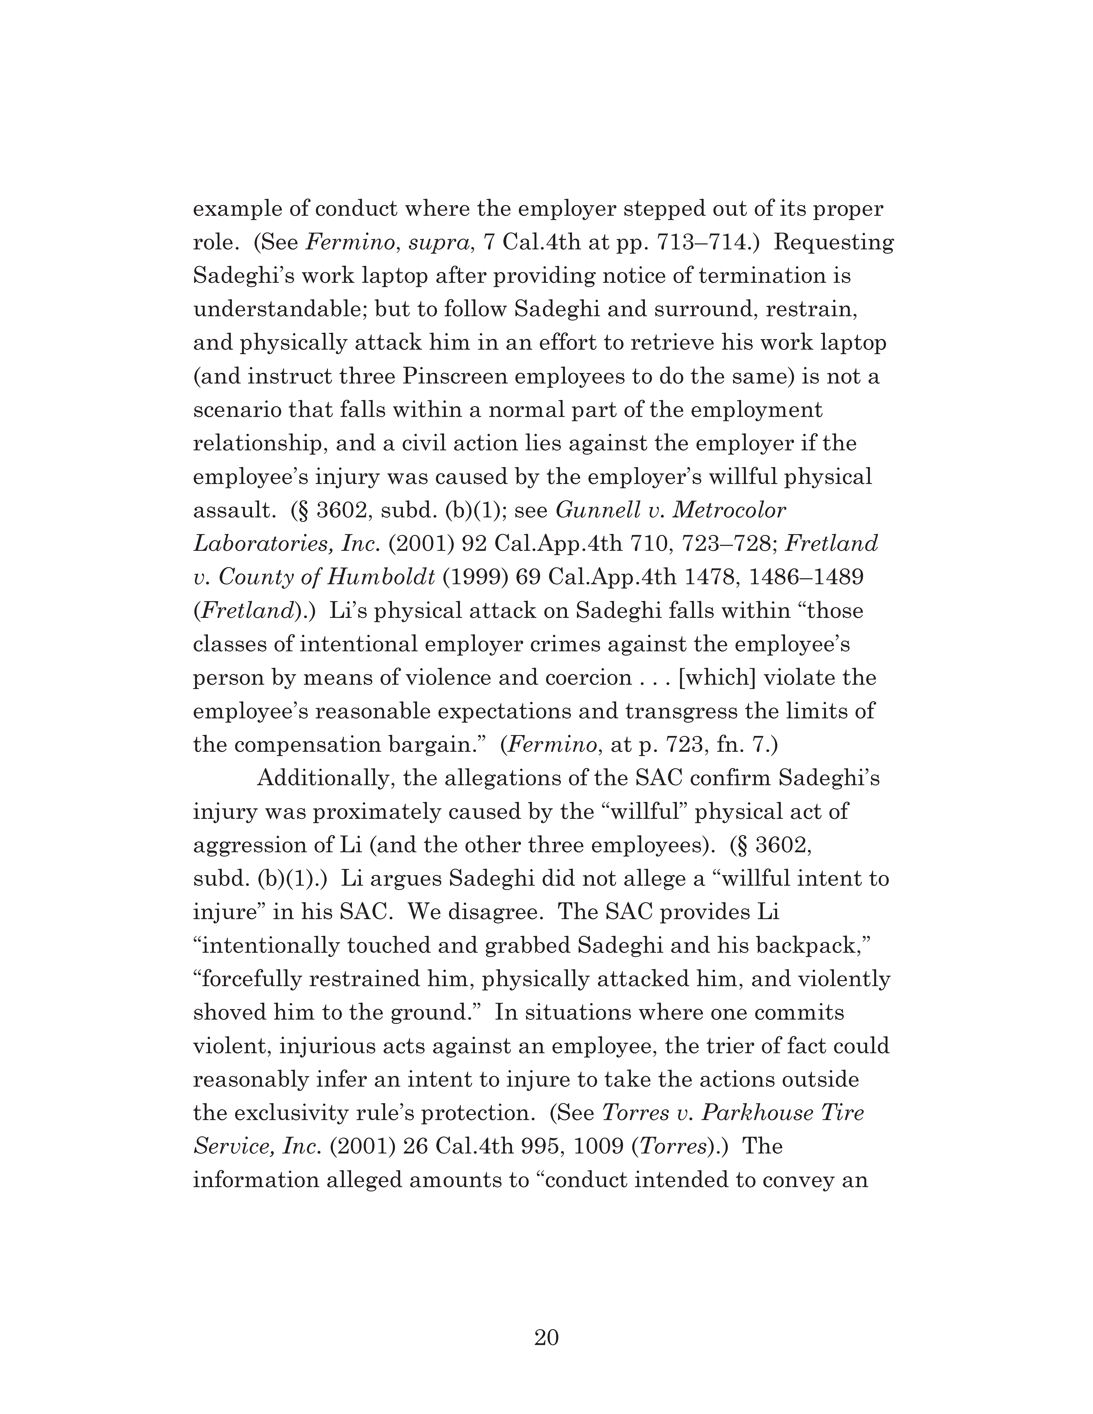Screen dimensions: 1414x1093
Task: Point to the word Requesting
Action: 833,243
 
